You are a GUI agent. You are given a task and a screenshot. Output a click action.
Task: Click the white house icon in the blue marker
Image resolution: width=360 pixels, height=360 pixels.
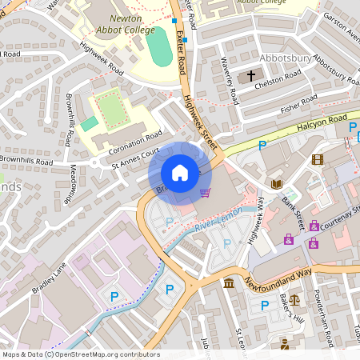[180, 173]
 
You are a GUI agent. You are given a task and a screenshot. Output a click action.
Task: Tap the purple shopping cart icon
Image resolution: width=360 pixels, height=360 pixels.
[206, 193]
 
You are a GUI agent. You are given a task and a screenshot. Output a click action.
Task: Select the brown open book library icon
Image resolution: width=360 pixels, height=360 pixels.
[277, 184]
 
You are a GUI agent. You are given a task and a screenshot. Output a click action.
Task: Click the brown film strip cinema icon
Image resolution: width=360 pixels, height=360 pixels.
[318, 159]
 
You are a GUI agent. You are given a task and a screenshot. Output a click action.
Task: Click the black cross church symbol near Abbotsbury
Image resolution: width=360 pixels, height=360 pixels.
[251, 77]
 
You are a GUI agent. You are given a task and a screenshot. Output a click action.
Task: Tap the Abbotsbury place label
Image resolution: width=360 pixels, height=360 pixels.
[286, 58]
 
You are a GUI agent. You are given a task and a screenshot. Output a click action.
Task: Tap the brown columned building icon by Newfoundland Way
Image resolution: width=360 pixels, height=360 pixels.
[229, 283]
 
